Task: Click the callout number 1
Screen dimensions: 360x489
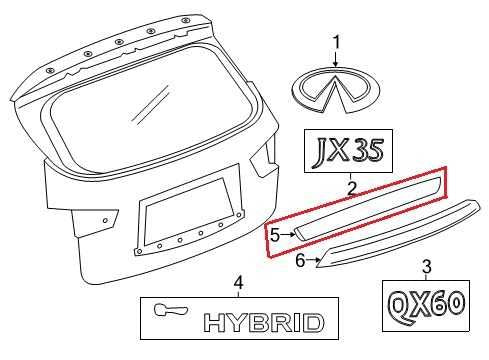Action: point(337,41)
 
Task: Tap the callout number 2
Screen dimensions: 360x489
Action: point(352,187)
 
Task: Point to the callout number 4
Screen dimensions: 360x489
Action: point(237,283)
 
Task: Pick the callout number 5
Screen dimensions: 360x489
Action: point(275,234)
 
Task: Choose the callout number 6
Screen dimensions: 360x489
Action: point(298,260)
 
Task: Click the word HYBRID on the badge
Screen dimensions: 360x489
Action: point(264,322)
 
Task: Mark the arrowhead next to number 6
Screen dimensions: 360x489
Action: point(319,262)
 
